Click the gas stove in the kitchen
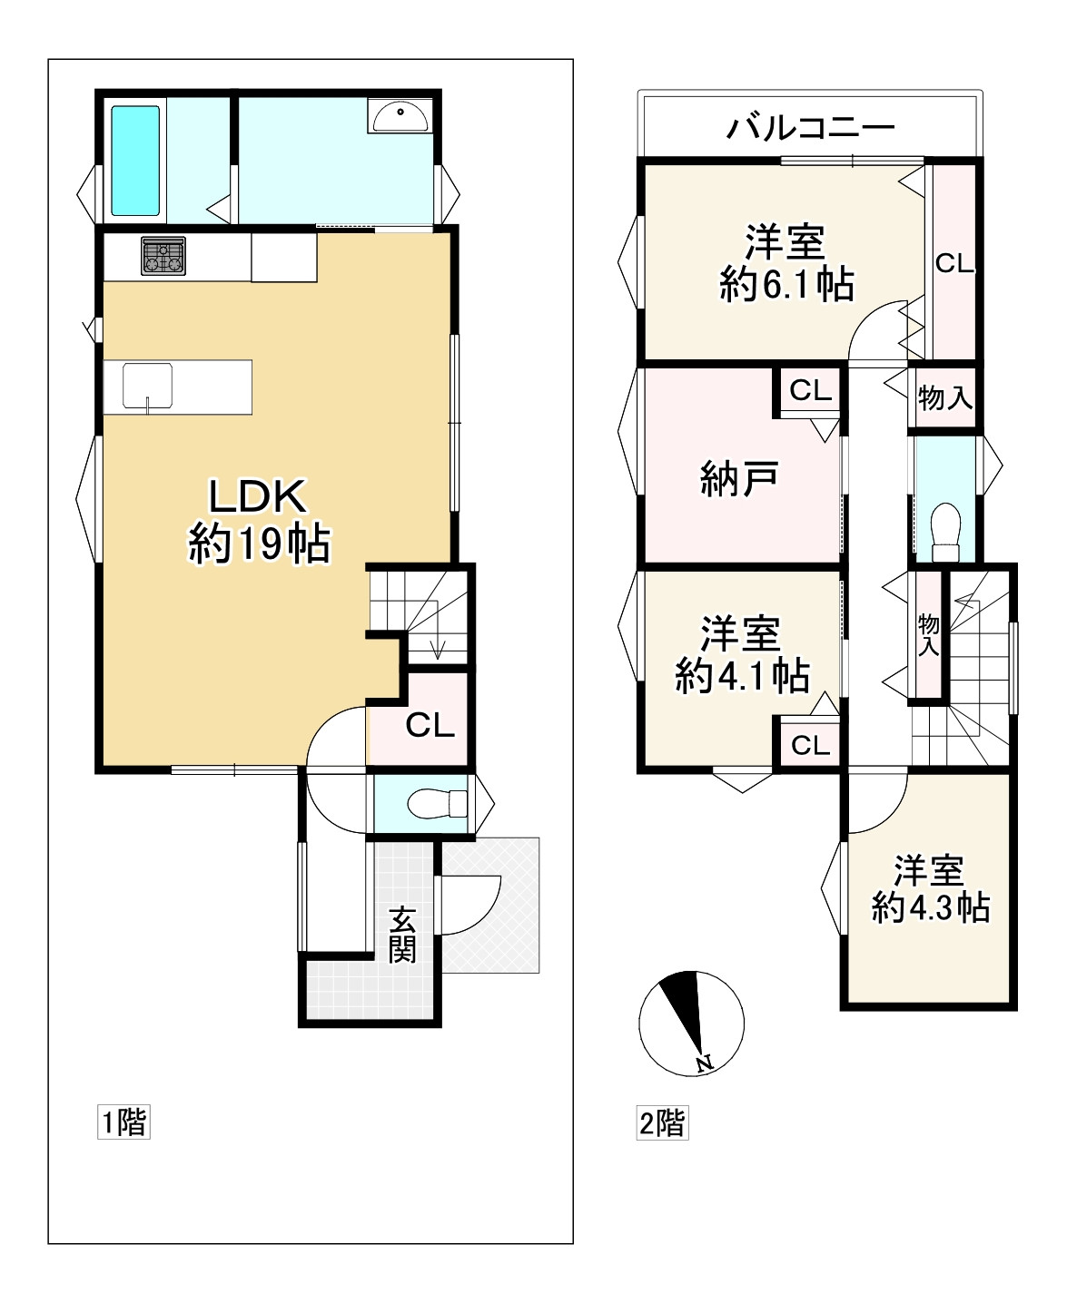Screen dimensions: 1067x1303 163,256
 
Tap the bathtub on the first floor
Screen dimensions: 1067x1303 135,161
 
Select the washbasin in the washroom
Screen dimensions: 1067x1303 399,116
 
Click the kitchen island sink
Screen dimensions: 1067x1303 148,387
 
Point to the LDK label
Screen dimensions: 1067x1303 258,496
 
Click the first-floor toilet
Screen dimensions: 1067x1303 437,804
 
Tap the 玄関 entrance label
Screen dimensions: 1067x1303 401,935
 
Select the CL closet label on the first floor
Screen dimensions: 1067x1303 430,725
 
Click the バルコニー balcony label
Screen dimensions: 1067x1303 810,128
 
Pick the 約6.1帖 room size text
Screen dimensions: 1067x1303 787,285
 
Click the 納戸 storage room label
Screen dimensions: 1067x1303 739,479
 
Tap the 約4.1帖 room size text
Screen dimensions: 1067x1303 743,675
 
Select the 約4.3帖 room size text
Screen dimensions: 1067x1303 931,907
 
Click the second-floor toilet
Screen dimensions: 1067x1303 945,532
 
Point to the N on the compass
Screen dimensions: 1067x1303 704,1063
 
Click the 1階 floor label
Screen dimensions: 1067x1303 123,1122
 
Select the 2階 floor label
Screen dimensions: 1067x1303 663,1122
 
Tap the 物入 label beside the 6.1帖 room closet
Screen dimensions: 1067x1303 945,397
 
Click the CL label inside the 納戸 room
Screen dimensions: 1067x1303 810,390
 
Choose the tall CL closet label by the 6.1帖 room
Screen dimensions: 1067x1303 954,264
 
